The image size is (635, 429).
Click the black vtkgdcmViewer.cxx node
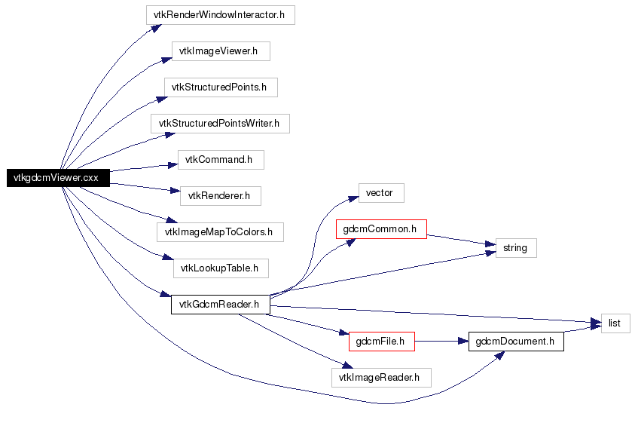pos(58,178)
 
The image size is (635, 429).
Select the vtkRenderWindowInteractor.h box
pos(220,15)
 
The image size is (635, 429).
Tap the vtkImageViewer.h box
pos(221,51)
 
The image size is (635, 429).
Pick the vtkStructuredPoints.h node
pos(221,87)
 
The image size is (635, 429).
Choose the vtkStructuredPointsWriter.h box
pos(220,123)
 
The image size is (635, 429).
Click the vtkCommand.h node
pos(221,160)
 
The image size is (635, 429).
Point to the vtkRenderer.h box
pos(220,196)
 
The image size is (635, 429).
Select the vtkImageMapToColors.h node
pos(220,232)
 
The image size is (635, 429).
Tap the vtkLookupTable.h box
pos(221,268)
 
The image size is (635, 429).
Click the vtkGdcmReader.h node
pos(220,305)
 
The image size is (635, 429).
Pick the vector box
pos(381,193)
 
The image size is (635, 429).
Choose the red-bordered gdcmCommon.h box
pos(381,229)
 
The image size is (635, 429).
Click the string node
pos(516,248)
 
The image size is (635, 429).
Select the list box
pos(615,323)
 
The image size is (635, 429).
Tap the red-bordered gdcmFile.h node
pos(381,342)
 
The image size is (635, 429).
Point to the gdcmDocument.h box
pos(516,342)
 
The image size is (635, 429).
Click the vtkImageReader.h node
pos(381,378)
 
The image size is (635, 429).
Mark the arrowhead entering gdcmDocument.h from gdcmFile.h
pos(464,342)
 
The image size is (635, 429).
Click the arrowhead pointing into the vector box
pos(353,199)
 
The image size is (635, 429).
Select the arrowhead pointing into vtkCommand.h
pos(173,165)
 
